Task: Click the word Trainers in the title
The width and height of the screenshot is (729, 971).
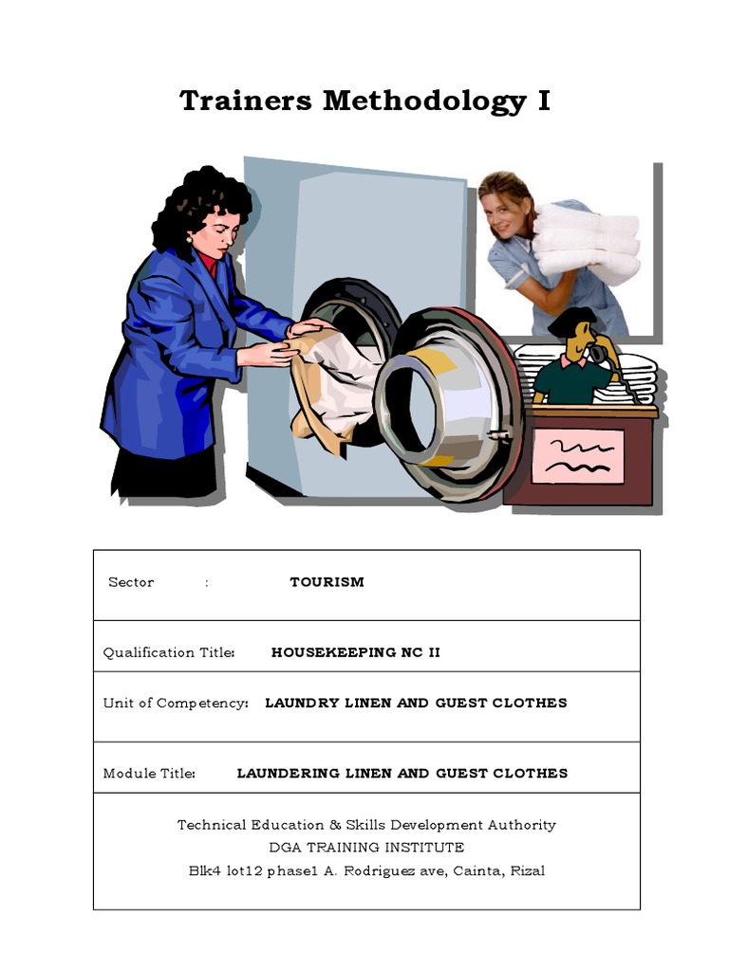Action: (x=246, y=101)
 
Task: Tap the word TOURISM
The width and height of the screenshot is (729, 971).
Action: (x=327, y=582)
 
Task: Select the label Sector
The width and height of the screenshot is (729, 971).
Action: (x=131, y=582)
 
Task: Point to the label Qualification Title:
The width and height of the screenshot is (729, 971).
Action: (x=169, y=652)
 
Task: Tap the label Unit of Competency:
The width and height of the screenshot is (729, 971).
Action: (x=176, y=703)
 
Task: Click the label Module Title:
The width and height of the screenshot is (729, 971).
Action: (x=149, y=773)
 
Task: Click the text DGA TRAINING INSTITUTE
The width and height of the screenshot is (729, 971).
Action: (x=366, y=847)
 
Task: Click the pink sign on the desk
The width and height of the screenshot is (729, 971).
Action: (x=577, y=456)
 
